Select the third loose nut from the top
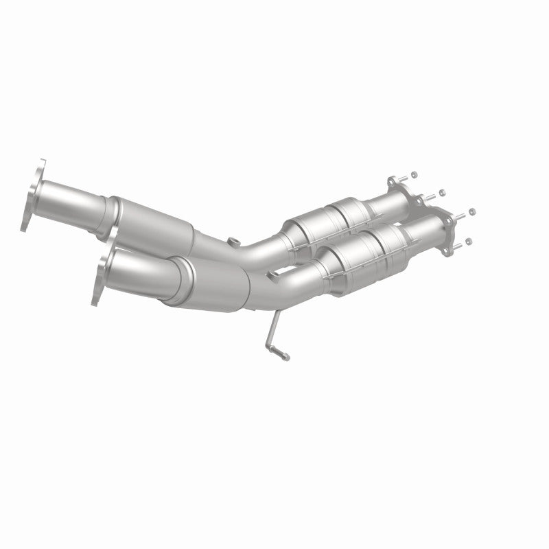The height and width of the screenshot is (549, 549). tap(474, 211)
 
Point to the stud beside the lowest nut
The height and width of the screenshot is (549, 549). tap(458, 245)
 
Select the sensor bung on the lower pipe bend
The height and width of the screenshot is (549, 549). tap(273, 275)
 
